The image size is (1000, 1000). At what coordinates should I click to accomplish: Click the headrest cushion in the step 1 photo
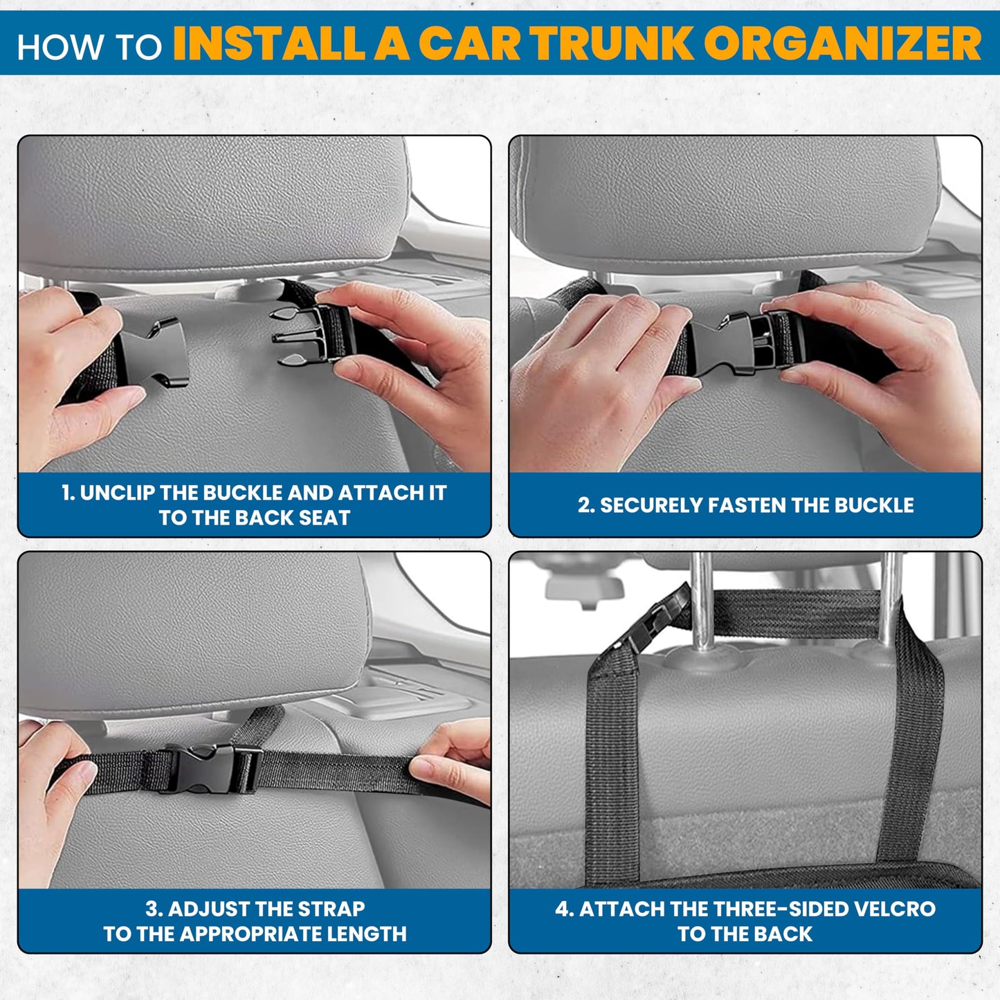click(x=208, y=201)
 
